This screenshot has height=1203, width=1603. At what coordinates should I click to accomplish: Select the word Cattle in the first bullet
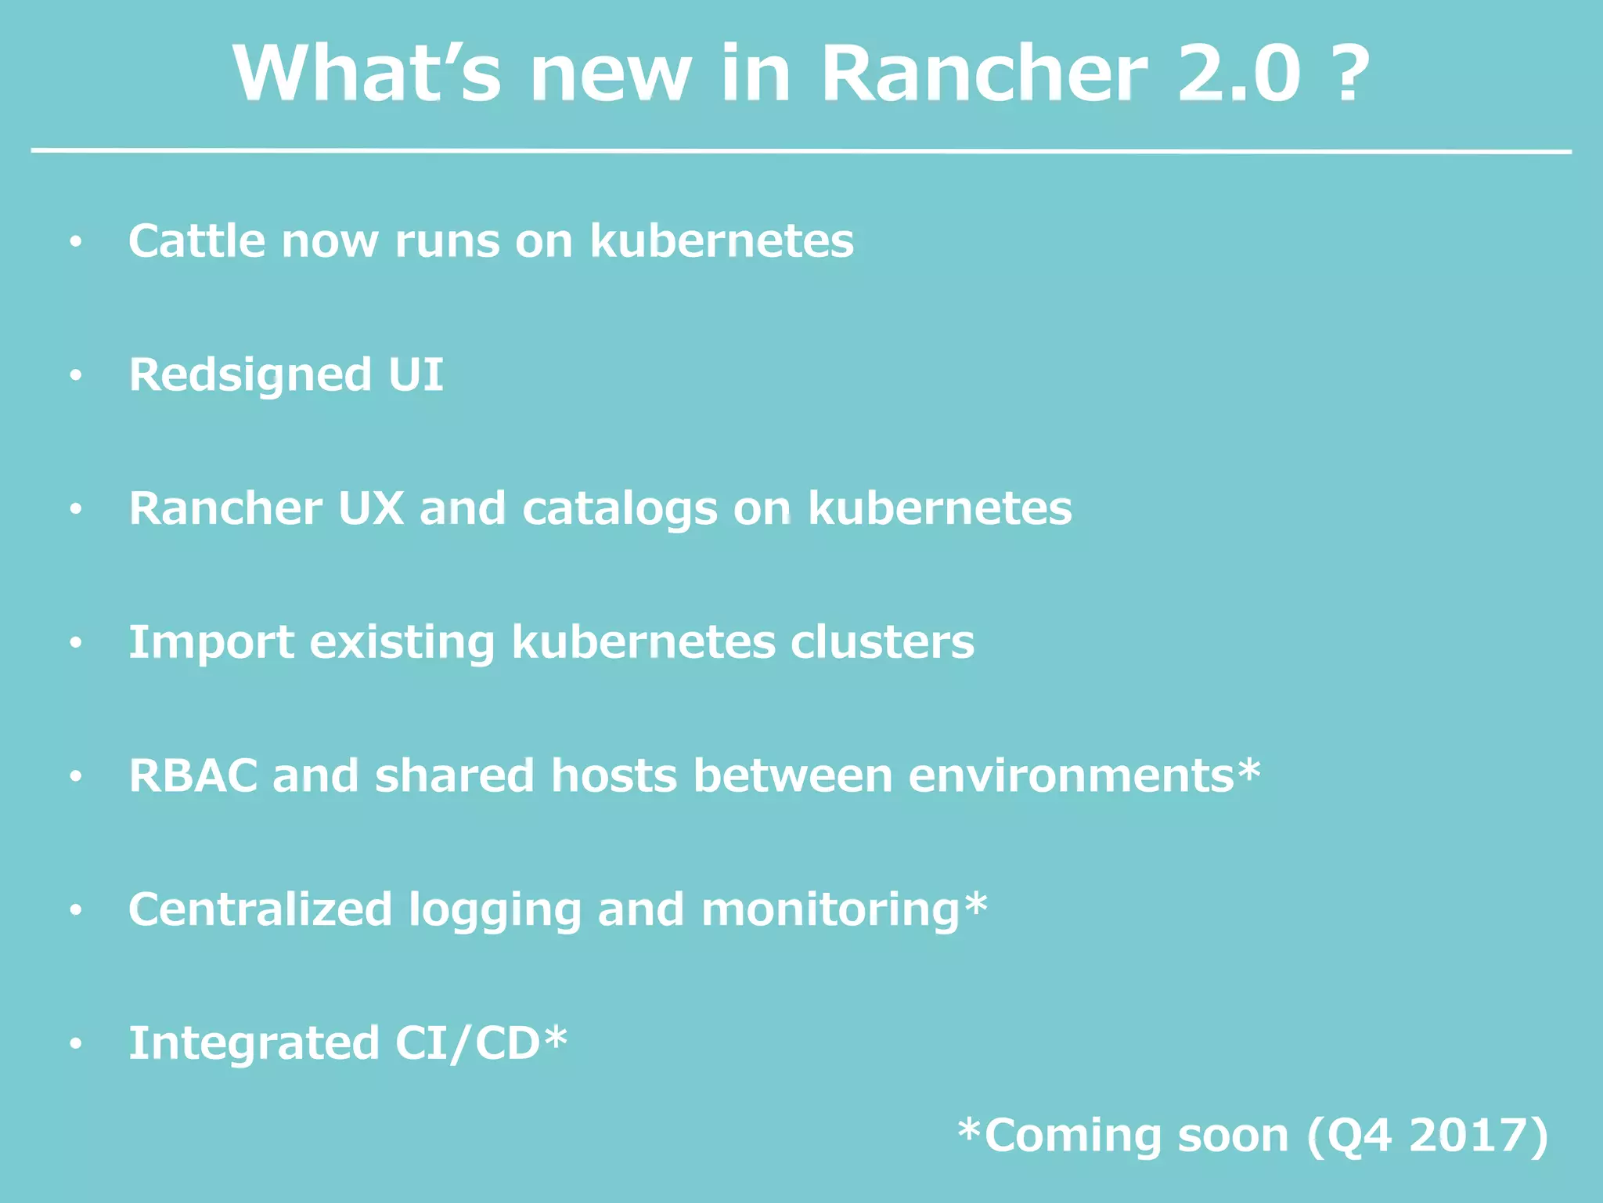(196, 240)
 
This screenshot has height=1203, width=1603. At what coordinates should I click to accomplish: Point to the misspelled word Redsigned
(250, 376)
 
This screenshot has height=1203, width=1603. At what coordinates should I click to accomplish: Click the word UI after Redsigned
(416, 374)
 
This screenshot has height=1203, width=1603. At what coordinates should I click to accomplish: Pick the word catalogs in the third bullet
(619, 510)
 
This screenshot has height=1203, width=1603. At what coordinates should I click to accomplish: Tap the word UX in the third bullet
(370, 508)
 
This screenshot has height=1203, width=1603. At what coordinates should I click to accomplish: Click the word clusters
(882, 642)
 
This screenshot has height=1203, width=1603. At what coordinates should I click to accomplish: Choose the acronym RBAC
(193, 776)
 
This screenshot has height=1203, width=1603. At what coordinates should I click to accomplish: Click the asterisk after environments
(1249, 771)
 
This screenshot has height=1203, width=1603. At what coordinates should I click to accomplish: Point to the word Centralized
(260, 909)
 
